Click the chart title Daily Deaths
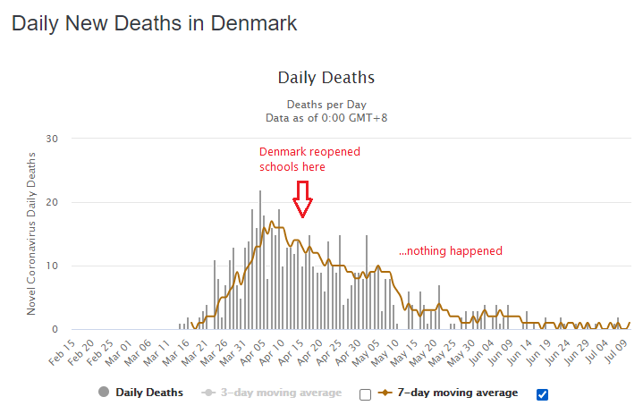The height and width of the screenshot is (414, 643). (x=326, y=78)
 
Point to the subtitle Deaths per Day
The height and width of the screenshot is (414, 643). (x=326, y=104)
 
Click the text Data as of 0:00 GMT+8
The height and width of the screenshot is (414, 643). (x=326, y=117)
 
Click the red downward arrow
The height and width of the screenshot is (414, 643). (x=303, y=199)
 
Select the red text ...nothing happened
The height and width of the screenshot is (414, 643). (x=450, y=251)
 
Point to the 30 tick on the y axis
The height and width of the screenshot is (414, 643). (x=52, y=139)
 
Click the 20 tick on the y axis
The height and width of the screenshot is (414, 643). (x=52, y=202)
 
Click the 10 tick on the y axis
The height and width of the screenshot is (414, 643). (x=52, y=266)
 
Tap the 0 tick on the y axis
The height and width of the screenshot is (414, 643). (x=55, y=329)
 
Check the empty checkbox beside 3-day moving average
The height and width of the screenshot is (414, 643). (x=365, y=393)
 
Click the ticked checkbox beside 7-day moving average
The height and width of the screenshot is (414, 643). (x=541, y=393)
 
